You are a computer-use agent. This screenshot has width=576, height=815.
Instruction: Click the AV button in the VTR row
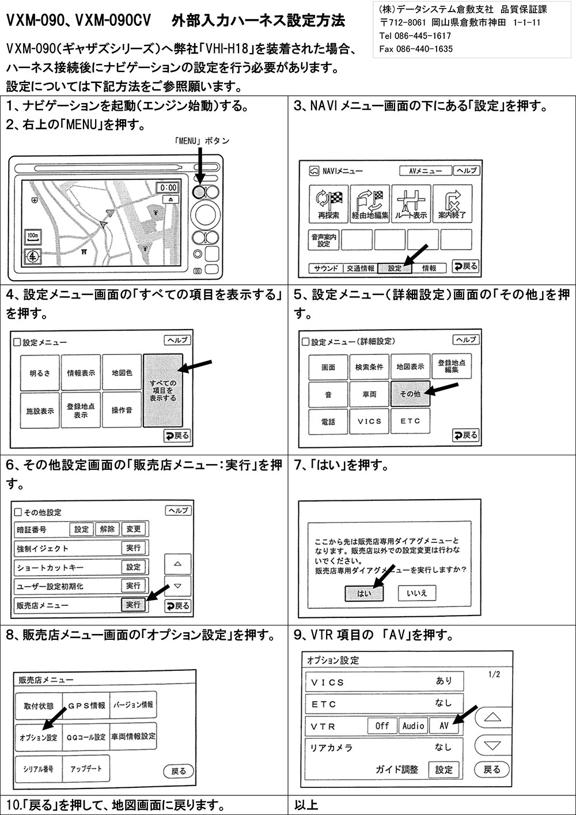click(444, 726)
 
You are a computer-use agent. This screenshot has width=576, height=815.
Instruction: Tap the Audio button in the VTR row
click(414, 726)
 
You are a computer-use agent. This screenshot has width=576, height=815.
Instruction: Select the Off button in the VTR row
click(382, 726)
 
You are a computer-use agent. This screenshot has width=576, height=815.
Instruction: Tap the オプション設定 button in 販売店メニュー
click(39, 738)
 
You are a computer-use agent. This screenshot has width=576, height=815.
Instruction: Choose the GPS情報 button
click(86, 705)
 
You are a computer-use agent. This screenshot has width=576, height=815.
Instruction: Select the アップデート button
click(86, 769)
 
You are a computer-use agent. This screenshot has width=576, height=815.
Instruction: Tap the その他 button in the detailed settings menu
click(410, 394)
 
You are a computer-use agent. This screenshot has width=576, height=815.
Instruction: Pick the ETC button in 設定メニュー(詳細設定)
click(410, 421)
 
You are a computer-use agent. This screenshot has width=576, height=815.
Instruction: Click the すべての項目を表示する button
click(163, 390)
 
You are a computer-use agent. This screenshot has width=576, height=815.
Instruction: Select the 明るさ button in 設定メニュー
click(40, 373)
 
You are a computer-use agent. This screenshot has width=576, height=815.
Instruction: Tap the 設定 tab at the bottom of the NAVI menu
click(395, 268)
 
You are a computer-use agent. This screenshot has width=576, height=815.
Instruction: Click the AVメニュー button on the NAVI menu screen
click(426, 171)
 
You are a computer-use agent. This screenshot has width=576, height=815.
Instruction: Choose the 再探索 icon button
click(329, 203)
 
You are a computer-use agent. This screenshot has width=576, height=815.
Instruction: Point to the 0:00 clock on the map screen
click(168, 188)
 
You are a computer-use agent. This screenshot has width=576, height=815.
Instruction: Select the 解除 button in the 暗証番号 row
click(107, 529)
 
